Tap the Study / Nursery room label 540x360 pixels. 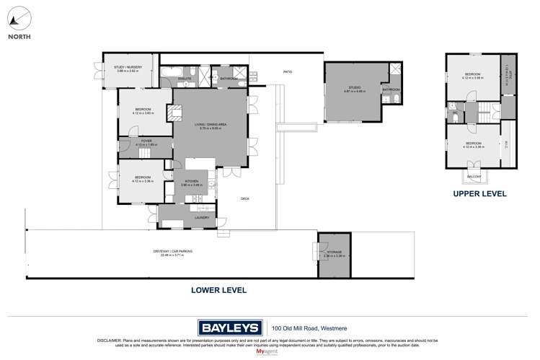[x=128, y=69]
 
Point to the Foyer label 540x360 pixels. [x=146, y=142]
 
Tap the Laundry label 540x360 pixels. [x=202, y=217]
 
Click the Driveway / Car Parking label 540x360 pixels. [x=168, y=253]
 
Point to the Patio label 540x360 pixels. [x=287, y=72]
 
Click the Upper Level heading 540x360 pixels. [x=479, y=194]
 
